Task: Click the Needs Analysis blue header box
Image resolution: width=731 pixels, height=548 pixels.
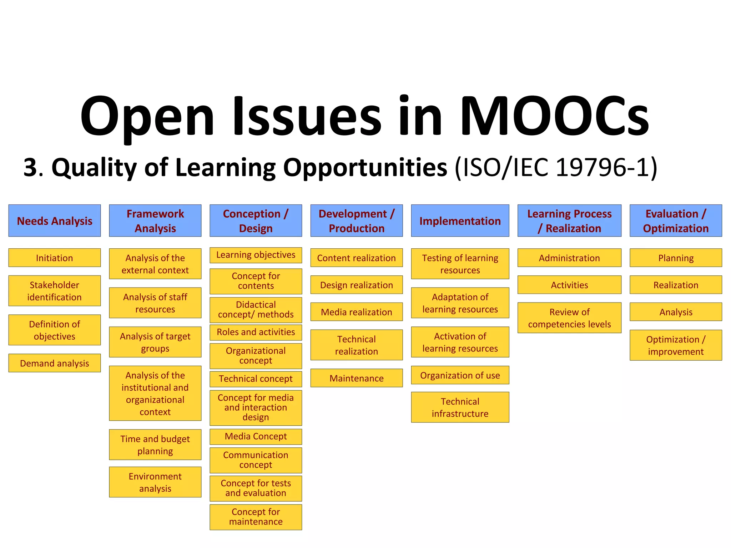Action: point(55,221)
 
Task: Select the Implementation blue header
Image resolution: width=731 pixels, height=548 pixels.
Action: point(460,221)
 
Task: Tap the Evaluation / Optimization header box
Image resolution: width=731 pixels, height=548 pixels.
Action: point(676,221)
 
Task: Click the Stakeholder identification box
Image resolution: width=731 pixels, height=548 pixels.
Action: point(55,291)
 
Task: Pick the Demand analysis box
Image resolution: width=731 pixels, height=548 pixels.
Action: point(55,363)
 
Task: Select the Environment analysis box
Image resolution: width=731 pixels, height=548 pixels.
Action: point(155,482)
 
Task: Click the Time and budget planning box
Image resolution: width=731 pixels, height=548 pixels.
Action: point(155,445)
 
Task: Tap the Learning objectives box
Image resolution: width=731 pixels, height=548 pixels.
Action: point(256,255)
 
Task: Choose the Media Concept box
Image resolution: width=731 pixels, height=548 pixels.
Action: point(256,436)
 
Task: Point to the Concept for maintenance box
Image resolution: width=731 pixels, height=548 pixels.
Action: point(256,517)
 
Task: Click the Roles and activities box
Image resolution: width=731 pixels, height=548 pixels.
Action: point(256,332)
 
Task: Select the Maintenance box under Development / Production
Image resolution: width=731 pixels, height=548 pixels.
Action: point(357,378)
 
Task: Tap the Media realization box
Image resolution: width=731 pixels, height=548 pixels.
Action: point(357,312)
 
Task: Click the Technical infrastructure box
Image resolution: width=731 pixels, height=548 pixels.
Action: point(460,407)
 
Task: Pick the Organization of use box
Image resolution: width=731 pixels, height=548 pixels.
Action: point(460,375)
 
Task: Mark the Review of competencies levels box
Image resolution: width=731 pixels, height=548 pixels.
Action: point(569,318)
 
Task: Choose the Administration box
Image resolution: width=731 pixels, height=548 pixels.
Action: point(569,258)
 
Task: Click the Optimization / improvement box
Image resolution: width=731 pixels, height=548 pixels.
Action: point(676,345)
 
